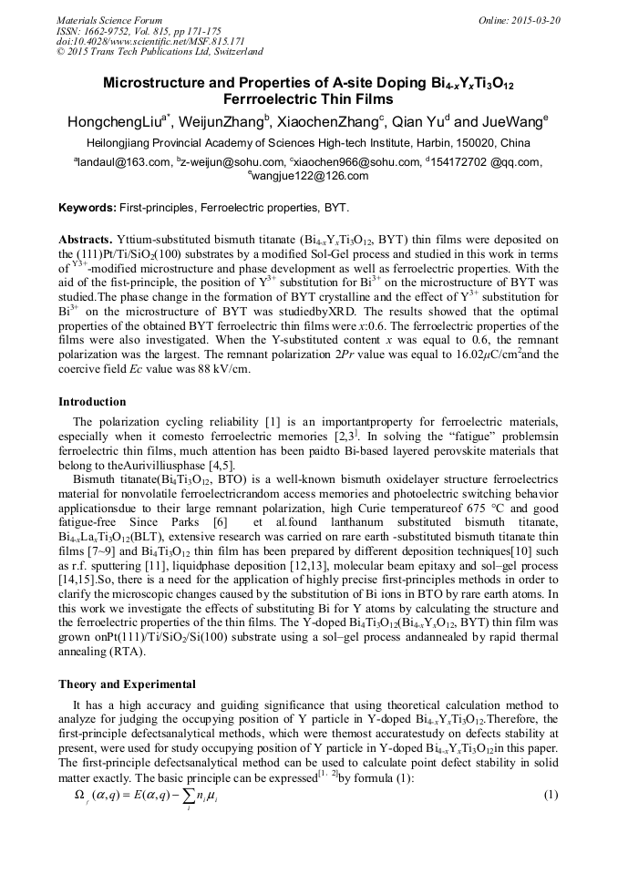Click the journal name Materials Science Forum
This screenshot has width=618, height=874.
pyautogui.click(x=109, y=19)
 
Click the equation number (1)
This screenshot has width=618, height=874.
pyautogui.click(x=550, y=796)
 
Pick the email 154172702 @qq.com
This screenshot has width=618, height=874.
pyautogui.click(x=488, y=162)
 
